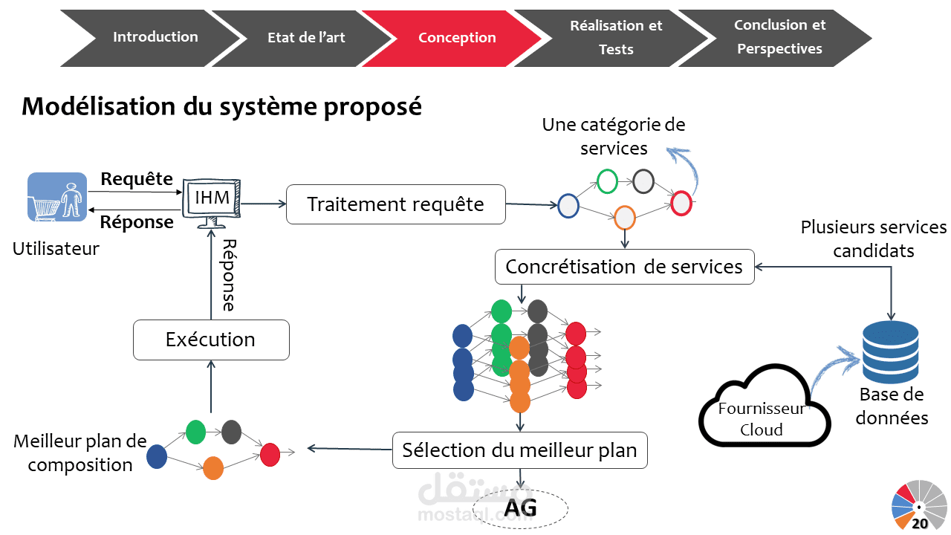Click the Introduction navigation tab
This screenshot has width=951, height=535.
tap(155, 37)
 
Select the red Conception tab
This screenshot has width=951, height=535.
tap(457, 38)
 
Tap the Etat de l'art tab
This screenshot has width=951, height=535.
tap(306, 38)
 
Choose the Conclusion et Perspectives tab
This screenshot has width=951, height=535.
tap(779, 37)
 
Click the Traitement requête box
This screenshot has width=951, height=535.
tap(395, 204)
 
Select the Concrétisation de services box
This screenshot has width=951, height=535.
tap(624, 267)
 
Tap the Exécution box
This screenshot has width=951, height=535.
tap(210, 340)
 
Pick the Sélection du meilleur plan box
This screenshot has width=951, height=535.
tap(519, 450)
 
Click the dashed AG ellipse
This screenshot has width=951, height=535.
tap(520, 509)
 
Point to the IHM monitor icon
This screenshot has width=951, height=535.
tap(212, 199)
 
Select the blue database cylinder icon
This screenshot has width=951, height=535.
tap(890, 348)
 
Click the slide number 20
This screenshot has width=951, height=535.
tap(920, 523)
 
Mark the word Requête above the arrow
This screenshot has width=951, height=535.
tap(137, 179)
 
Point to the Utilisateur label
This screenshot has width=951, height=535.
tap(56, 249)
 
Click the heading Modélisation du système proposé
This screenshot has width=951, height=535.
tap(221, 106)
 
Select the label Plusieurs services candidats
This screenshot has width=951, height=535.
tap(874, 239)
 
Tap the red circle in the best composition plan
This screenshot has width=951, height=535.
tap(270, 454)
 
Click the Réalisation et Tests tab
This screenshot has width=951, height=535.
tap(616, 37)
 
